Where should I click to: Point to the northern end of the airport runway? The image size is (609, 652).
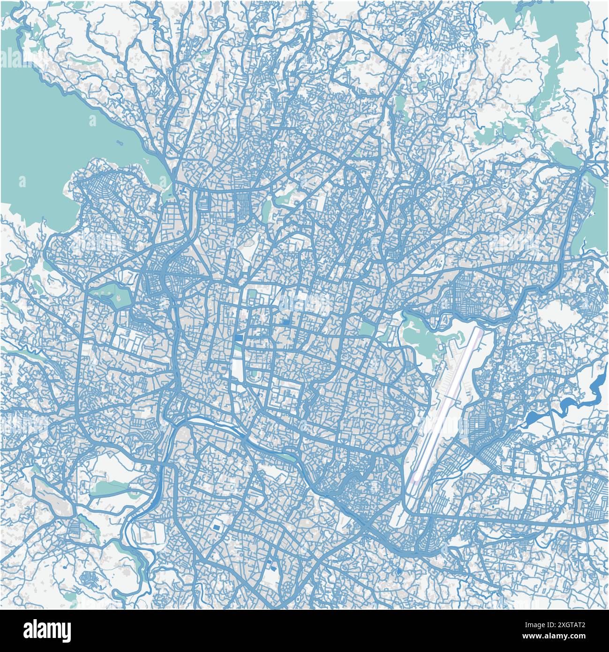(478, 330)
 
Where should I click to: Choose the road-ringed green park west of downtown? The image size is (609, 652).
(113, 296)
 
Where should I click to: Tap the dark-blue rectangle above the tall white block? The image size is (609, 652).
(239, 338)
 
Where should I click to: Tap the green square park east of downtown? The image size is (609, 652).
(368, 328)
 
